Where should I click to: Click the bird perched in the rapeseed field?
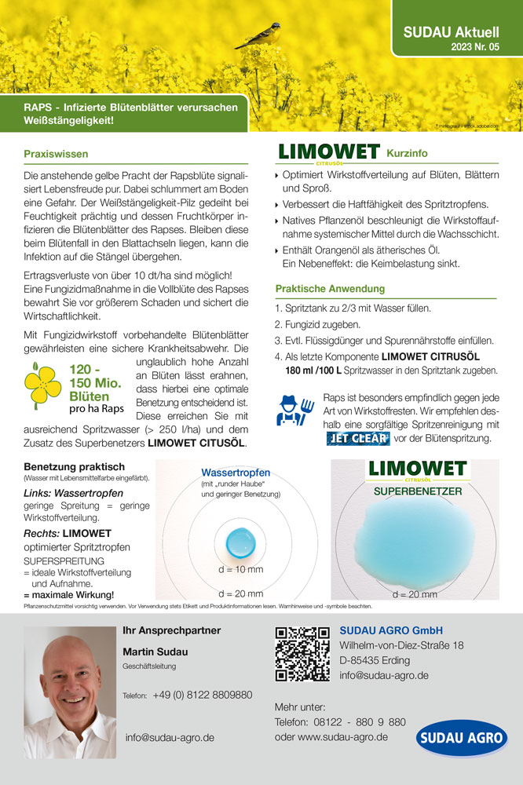[259, 35]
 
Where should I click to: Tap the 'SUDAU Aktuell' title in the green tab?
[451, 32]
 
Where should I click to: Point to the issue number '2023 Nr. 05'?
[474, 48]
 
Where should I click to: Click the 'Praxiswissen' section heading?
[56, 154]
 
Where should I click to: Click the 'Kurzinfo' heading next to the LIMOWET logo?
[407, 152]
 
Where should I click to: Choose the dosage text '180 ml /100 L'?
[312, 370]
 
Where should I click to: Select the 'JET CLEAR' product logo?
[357, 438]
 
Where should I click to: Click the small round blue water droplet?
[236, 541]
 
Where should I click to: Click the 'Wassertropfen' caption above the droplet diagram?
[236, 473]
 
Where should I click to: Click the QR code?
[302, 653]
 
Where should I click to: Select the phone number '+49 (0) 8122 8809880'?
[203, 696]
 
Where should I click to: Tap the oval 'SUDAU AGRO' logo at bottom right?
[462, 739]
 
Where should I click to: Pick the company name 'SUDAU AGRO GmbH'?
[391, 630]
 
